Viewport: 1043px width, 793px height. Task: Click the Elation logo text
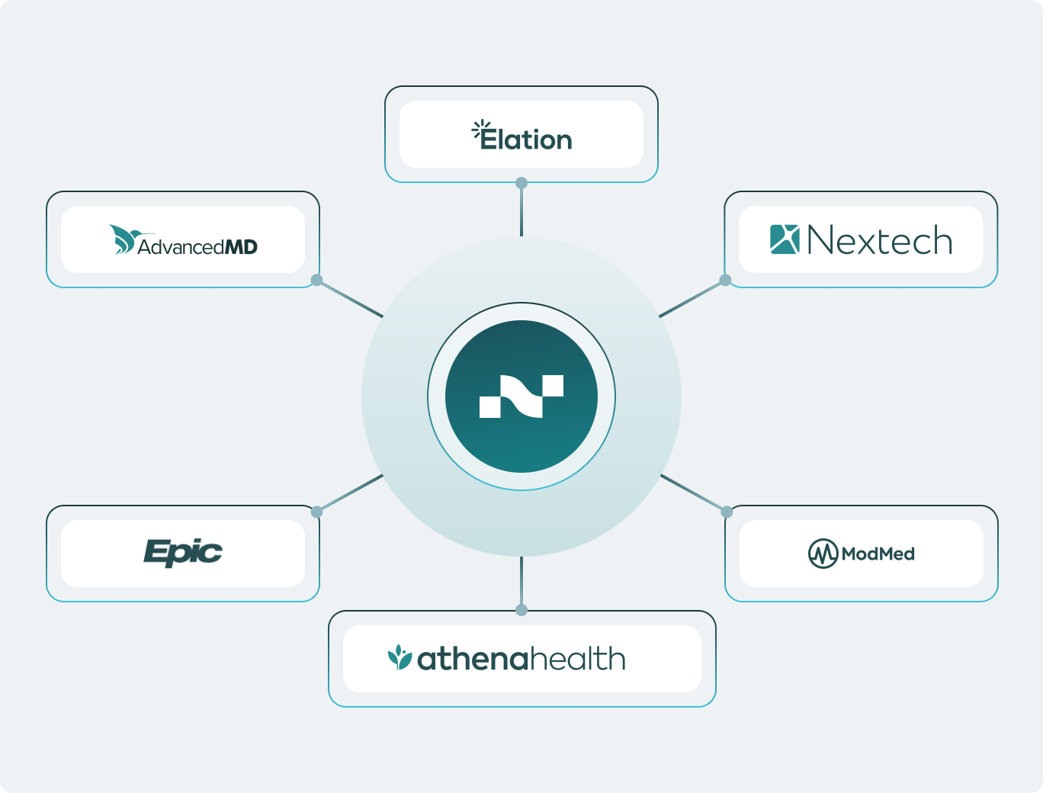pyautogui.click(x=527, y=140)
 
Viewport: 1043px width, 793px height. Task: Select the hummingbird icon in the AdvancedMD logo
pyautogui.click(x=122, y=239)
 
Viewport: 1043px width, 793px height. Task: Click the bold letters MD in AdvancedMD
pyautogui.click(x=241, y=247)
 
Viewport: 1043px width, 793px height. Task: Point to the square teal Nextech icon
pyautogui.click(x=785, y=239)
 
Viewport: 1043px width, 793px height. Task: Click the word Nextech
pyautogui.click(x=879, y=241)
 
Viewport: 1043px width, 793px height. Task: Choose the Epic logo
pyautogui.click(x=183, y=553)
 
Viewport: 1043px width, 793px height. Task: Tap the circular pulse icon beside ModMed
pyautogui.click(x=823, y=554)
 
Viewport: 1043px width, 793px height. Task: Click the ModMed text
pyautogui.click(x=878, y=554)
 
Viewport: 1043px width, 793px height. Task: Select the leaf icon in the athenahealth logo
pyautogui.click(x=400, y=657)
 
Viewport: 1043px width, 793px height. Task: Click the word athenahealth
pyautogui.click(x=521, y=659)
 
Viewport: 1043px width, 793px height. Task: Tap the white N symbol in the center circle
pyautogui.click(x=521, y=396)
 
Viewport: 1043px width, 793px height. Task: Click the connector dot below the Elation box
pyautogui.click(x=521, y=183)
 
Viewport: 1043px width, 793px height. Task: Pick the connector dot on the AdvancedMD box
pyautogui.click(x=316, y=280)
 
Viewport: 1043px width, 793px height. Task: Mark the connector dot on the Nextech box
pyautogui.click(x=726, y=280)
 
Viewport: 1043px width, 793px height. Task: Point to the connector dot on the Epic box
pyautogui.click(x=316, y=512)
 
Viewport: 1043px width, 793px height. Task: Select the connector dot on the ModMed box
pyautogui.click(x=727, y=512)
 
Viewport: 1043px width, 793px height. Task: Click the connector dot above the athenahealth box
pyautogui.click(x=521, y=610)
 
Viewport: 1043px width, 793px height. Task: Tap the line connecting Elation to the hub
pyautogui.click(x=521, y=210)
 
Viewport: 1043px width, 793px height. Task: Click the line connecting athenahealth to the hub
pyautogui.click(x=521, y=583)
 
